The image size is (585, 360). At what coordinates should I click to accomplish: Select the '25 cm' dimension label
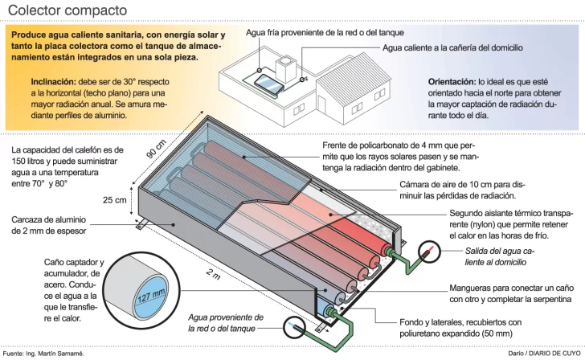tap(115, 199)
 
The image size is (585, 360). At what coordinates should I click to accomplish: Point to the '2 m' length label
tap(212, 276)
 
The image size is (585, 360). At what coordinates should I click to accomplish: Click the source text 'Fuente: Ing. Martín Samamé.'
tap(43, 354)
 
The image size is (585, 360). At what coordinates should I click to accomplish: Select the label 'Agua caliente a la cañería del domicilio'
tap(452, 48)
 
